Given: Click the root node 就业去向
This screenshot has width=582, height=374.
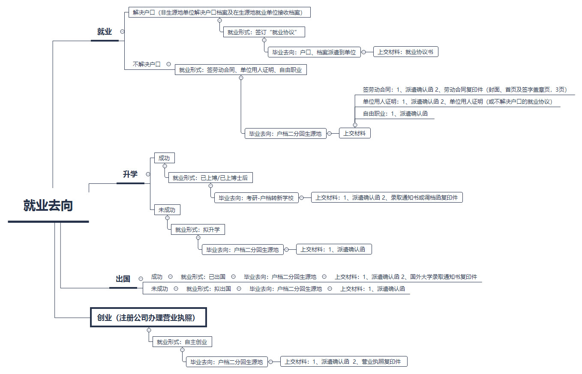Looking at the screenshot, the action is (48, 206).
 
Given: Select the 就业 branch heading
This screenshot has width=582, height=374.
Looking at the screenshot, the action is (105, 32).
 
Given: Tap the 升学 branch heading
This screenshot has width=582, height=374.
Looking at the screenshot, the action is (130, 174).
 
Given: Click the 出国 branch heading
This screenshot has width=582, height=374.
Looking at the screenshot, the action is (123, 279).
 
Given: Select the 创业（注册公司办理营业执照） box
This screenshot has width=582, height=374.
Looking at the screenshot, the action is (148, 317).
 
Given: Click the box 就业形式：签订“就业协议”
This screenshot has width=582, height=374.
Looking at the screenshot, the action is (264, 32).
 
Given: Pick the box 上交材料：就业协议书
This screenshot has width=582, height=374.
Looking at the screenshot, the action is (405, 52).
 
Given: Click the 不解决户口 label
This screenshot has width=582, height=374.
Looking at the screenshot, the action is (147, 64).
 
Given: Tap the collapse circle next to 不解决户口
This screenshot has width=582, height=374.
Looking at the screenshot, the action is (168, 64).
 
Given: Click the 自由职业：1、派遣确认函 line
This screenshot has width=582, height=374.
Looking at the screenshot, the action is (395, 114).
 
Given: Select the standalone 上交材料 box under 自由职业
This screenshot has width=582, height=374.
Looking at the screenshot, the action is (355, 133).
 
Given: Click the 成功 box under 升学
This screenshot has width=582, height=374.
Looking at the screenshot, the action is (165, 158).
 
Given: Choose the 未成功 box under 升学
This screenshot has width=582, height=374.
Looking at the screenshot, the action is (167, 209).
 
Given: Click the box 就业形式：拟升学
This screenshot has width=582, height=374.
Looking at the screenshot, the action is (198, 230).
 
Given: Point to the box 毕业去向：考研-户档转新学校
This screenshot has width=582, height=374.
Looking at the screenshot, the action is (256, 198).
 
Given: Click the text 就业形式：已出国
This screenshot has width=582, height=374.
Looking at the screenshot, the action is (203, 277).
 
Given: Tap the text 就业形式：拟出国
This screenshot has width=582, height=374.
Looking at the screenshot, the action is (209, 289).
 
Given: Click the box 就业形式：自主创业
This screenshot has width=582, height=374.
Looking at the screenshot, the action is (182, 342).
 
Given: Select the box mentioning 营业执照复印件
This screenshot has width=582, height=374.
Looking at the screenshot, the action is (344, 362).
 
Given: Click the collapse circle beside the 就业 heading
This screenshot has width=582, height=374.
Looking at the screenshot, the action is (123, 32).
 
